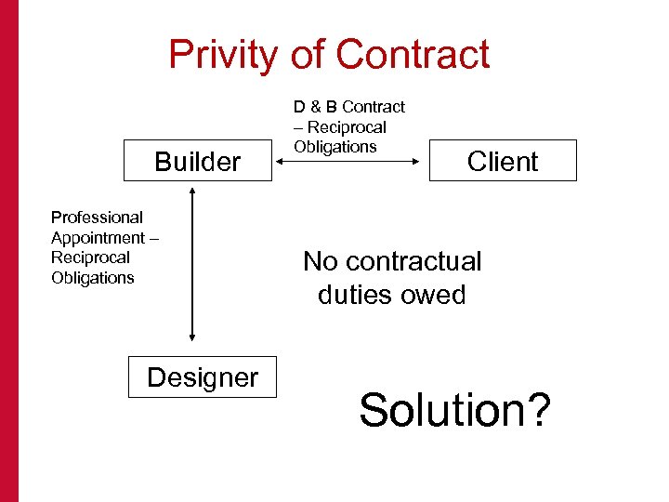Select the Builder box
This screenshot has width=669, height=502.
click(x=198, y=161)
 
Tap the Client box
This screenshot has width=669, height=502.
click(x=503, y=161)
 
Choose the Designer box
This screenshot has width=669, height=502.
click(x=202, y=376)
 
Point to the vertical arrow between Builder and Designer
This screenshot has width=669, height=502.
click(x=191, y=265)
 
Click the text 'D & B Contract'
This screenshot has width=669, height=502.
click(x=349, y=107)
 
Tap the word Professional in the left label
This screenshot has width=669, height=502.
click(x=97, y=218)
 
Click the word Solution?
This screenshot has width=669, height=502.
click(x=454, y=409)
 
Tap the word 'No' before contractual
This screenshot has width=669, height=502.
click(x=319, y=261)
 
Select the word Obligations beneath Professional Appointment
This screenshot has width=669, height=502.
click(x=93, y=278)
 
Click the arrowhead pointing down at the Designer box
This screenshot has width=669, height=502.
click(x=191, y=338)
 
